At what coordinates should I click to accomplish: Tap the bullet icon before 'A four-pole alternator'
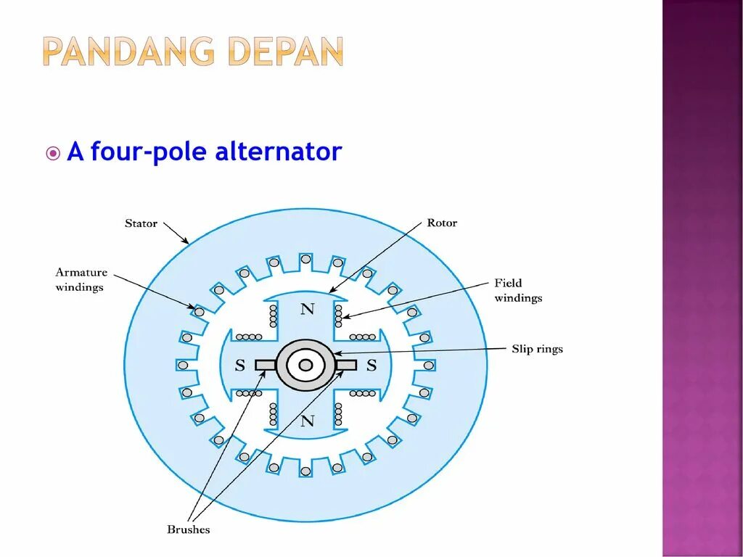tap(53, 154)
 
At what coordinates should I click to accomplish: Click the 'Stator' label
tap(141, 223)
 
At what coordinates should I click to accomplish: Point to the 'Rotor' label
tap(442, 223)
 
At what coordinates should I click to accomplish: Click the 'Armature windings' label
tap(81, 280)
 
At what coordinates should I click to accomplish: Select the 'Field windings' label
tap(518, 290)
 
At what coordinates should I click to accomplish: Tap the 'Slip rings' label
tap(537, 349)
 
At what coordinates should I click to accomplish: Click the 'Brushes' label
tap(188, 529)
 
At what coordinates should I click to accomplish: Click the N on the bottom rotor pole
tap(308, 421)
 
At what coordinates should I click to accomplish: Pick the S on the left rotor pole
tap(239, 366)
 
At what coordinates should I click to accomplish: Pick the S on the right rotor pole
tap(371, 366)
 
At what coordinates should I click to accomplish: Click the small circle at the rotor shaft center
tap(305, 365)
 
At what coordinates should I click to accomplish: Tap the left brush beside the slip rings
tap(266, 365)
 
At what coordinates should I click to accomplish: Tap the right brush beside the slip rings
tap(346, 365)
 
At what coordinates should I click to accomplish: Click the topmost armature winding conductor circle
tap(305, 259)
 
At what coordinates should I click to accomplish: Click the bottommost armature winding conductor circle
tap(305, 471)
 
